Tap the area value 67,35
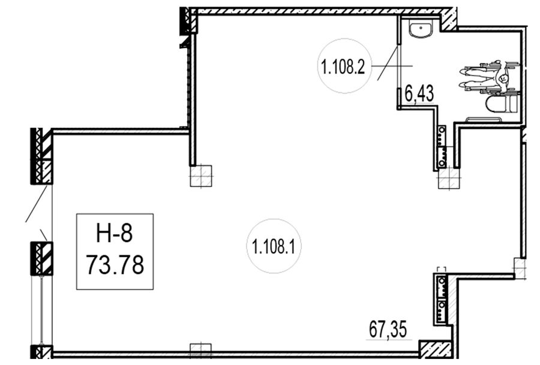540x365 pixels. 388,329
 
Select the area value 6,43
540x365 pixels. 419,93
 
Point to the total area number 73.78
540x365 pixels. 115,265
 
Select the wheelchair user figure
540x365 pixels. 490,78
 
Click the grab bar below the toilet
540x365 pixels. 484,120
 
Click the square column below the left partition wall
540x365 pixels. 201,176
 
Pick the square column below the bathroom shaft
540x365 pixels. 449,178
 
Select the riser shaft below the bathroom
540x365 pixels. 442,147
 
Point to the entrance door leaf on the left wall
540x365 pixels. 37,203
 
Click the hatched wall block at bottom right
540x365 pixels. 436,349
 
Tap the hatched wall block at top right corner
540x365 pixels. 449,19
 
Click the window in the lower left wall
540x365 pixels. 41,310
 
